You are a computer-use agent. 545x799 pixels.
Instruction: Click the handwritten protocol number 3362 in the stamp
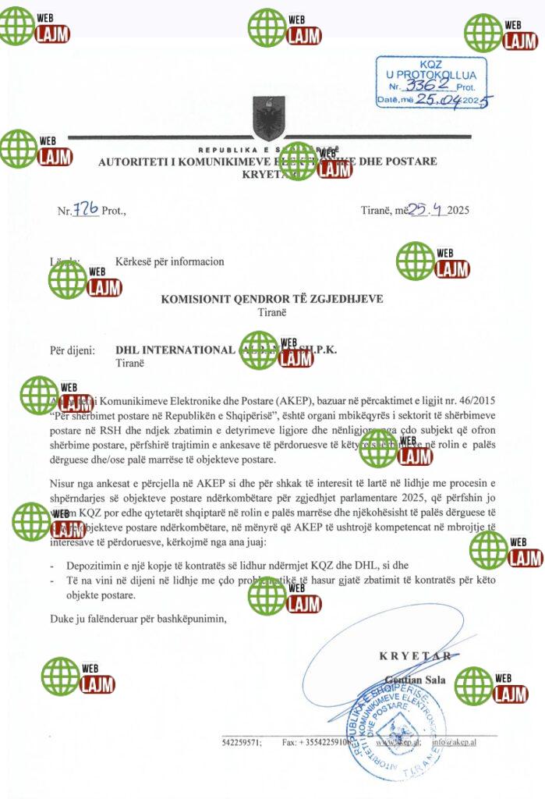(x=429, y=86)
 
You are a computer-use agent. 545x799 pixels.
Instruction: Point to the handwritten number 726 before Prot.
(x=85, y=209)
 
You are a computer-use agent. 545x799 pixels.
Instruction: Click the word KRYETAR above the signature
(x=415, y=655)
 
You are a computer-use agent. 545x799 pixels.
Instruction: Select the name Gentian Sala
(x=416, y=680)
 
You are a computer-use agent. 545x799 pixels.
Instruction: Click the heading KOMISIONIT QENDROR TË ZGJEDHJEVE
(x=272, y=299)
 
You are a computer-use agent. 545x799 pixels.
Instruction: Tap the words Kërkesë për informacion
(x=170, y=261)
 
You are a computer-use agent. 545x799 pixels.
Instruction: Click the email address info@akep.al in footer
(x=455, y=742)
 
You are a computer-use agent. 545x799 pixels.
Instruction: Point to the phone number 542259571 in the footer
(x=242, y=742)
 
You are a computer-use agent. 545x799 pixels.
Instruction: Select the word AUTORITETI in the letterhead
(x=130, y=162)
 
